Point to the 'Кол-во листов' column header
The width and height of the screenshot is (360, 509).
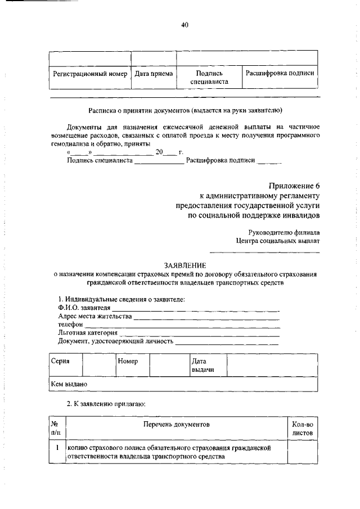coord(302,427)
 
